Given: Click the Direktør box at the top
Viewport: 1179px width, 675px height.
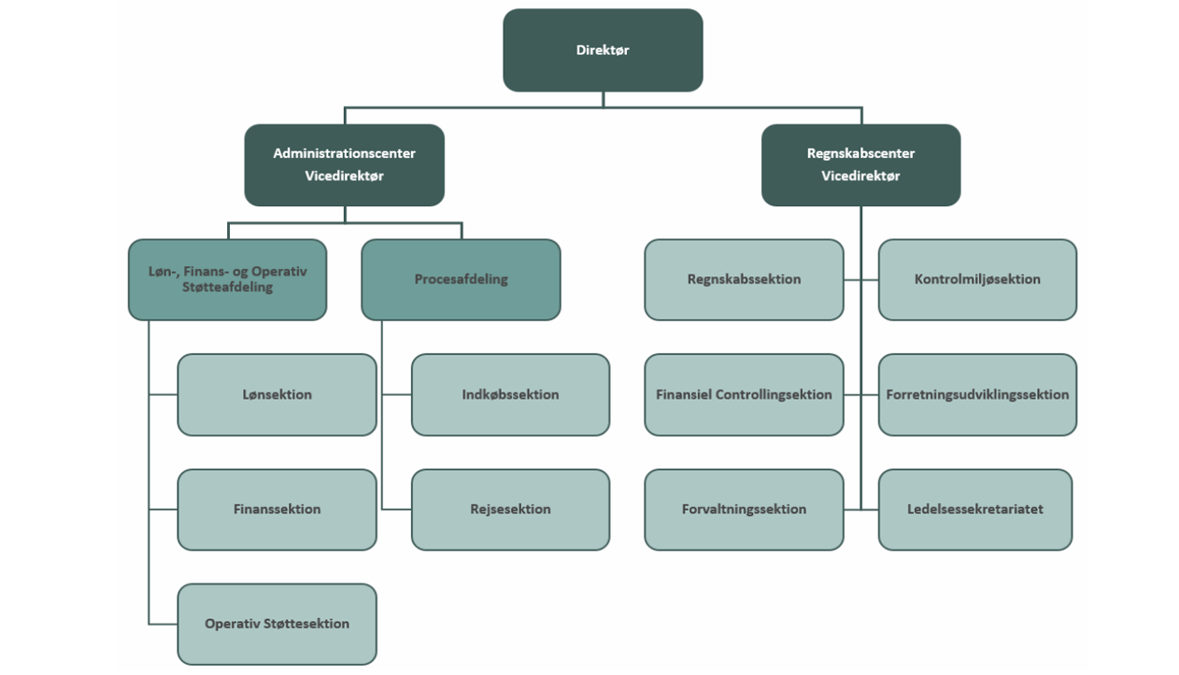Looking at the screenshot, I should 603,50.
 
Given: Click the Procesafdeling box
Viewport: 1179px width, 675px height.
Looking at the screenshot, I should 461,279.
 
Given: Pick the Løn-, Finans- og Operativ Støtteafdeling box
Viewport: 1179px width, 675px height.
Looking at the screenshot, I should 227,279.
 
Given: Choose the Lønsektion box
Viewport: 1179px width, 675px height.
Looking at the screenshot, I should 277,394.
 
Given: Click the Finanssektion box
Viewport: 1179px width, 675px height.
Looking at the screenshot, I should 277,509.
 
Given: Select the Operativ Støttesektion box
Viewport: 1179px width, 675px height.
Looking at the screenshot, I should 277,624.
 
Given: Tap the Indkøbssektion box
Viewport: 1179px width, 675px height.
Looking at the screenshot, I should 510,394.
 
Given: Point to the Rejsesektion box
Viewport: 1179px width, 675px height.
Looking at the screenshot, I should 510,509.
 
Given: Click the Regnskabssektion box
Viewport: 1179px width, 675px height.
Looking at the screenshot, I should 744,279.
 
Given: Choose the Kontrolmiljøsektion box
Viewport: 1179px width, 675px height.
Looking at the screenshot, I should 977,279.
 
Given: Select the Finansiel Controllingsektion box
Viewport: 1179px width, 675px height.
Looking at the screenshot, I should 744,394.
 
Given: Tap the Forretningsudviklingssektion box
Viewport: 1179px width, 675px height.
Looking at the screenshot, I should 977,394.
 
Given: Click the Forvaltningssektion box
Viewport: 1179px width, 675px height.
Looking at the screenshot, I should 744,509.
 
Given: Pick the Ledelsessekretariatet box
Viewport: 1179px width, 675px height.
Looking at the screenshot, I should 974,509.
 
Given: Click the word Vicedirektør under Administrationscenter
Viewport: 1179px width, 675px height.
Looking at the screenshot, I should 344,176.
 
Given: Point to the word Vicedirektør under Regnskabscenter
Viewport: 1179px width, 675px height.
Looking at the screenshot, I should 860,176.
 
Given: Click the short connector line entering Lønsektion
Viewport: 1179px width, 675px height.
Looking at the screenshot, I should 163,395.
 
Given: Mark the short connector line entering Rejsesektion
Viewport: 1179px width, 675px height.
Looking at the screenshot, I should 397,510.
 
